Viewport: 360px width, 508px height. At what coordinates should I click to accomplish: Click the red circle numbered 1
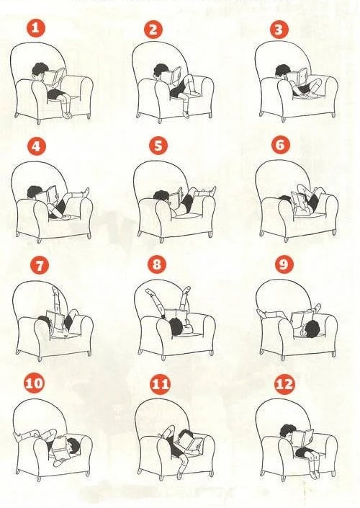coord(36,28)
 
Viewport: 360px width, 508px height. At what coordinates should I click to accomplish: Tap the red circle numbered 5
coord(158,146)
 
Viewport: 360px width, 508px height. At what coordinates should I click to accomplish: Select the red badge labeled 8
coord(157,264)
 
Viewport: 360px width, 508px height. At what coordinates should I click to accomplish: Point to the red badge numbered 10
coord(34,383)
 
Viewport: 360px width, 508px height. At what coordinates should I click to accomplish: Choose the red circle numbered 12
coord(284,384)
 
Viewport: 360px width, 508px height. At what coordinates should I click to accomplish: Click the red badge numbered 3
coord(279,29)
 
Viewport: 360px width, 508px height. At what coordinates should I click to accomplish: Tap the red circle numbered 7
coord(40,265)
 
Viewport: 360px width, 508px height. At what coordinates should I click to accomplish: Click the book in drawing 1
coord(54,76)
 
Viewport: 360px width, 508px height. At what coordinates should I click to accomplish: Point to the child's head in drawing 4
coord(35,192)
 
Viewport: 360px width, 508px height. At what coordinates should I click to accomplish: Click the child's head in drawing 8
coord(176,326)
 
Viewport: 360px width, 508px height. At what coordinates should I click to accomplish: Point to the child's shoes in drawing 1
coord(67,115)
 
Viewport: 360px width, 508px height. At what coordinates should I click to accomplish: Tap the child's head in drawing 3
coord(282,71)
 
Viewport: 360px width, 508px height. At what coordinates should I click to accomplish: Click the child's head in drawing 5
coord(161,196)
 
